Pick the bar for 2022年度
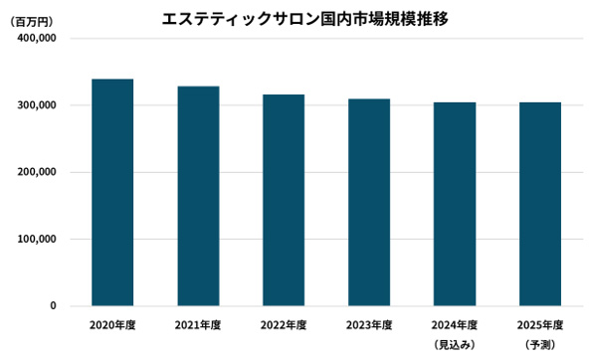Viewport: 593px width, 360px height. point(284,200)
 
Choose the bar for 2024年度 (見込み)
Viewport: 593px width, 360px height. point(455,204)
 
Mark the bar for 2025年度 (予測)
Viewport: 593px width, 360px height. point(540,204)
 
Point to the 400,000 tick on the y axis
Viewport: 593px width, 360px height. point(36,38)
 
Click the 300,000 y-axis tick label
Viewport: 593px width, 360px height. point(36,105)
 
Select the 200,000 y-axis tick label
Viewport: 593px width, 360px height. point(36,172)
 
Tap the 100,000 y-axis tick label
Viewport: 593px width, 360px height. point(36,240)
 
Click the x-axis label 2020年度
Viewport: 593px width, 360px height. point(112,325)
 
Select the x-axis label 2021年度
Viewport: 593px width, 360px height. point(198,325)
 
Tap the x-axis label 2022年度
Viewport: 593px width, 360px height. point(284,325)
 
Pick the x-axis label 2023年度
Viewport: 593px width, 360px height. point(369,325)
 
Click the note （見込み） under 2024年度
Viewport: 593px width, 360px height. point(455,344)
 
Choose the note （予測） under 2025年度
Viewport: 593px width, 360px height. point(540,344)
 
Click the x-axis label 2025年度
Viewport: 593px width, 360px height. point(540,325)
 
